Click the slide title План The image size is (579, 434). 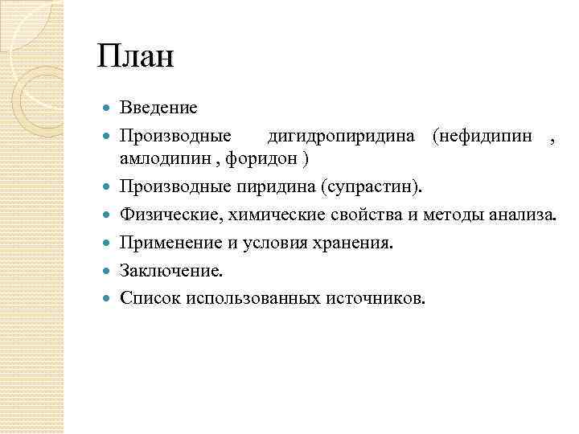coord(135,59)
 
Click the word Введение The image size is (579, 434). coord(158,106)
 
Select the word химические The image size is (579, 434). coord(264,215)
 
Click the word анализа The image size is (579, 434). coord(522,215)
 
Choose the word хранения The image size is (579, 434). coord(357,242)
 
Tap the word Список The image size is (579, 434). coord(150,297)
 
